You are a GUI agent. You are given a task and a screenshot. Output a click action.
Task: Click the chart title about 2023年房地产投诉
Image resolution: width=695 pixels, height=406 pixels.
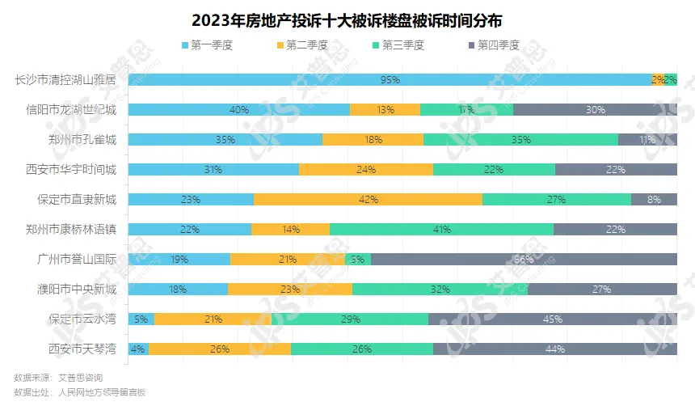pyautogui.click(x=347, y=18)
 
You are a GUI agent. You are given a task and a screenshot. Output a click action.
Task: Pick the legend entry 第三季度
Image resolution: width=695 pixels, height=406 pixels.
pyautogui.click(x=395, y=44)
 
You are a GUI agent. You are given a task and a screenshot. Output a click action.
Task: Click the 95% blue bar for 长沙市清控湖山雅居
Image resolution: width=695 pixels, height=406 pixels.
pyautogui.click(x=390, y=80)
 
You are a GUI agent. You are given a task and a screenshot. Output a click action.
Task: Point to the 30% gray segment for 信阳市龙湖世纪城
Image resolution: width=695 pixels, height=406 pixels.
pyautogui.click(x=595, y=110)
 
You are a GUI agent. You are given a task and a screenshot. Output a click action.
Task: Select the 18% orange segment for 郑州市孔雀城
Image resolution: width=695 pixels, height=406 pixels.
pyautogui.click(x=373, y=140)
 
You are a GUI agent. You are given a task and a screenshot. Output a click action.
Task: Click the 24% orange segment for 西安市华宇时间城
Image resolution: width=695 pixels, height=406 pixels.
pyautogui.click(x=366, y=169)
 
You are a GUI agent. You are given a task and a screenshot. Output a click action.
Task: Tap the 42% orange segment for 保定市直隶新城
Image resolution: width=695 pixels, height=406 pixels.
pyautogui.click(x=368, y=199)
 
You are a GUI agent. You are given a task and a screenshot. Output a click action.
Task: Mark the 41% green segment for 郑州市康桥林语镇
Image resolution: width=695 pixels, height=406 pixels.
pyautogui.click(x=441, y=229)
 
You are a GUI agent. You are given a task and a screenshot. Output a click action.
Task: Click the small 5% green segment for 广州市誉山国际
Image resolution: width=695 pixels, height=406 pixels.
pyautogui.click(x=357, y=260)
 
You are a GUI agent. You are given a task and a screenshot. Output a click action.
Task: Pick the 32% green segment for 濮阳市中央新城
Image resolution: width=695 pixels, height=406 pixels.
pyautogui.click(x=440, y=289)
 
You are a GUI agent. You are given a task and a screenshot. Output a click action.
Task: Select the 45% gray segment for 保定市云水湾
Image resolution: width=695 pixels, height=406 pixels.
pyautogui.click(x=553, y=319)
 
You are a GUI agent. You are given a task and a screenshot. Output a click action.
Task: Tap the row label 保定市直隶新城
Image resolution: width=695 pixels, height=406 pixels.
pyautogui.click(x=71, y=199)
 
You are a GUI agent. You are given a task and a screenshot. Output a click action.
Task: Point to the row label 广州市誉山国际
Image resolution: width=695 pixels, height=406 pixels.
pyautogui.click(x=71, y=260)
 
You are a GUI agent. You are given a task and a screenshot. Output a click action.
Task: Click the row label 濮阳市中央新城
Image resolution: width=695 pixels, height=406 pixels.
pyautogui.click(x=71, y=289)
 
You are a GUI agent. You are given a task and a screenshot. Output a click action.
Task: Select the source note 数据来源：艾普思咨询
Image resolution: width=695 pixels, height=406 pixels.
pyautogui.click(x=58, y=378)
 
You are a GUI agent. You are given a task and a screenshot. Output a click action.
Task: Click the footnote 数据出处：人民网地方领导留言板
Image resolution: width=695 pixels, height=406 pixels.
pyautogui.click(x=79, y=392)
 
